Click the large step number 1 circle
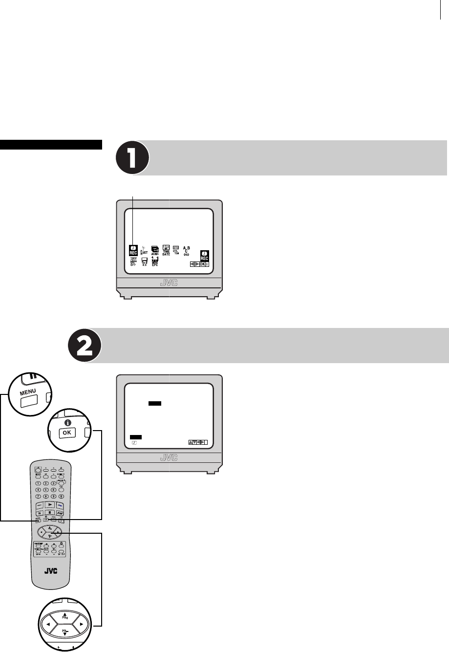pos(132,158)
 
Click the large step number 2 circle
pos(84,345)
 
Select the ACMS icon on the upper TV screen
pos(155,250)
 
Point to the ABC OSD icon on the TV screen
pos(186,250)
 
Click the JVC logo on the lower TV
pos(169,458)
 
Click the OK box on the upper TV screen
pos(202,263)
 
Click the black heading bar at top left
pos(51,144)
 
